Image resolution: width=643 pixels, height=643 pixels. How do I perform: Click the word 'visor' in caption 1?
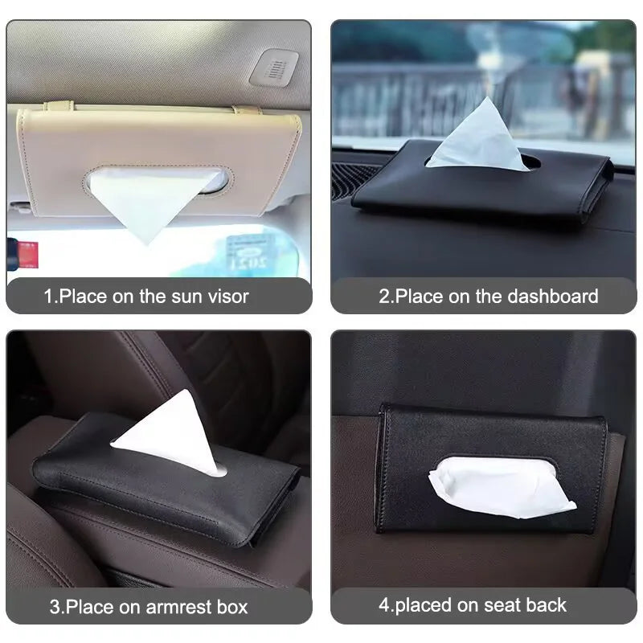pos(227,296)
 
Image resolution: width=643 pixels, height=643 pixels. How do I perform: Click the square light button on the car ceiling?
pos(273,68)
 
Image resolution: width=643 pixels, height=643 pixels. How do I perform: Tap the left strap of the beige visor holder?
pos(58,106)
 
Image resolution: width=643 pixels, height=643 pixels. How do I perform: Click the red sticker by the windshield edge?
pos(27,254)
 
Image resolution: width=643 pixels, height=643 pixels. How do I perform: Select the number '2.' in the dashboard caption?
pos(386,296)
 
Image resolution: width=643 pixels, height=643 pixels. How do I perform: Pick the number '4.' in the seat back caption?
pos(385,604)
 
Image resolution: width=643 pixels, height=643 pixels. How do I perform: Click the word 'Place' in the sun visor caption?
pos(83,296)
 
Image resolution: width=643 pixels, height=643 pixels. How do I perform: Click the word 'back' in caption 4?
pos(547,604)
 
